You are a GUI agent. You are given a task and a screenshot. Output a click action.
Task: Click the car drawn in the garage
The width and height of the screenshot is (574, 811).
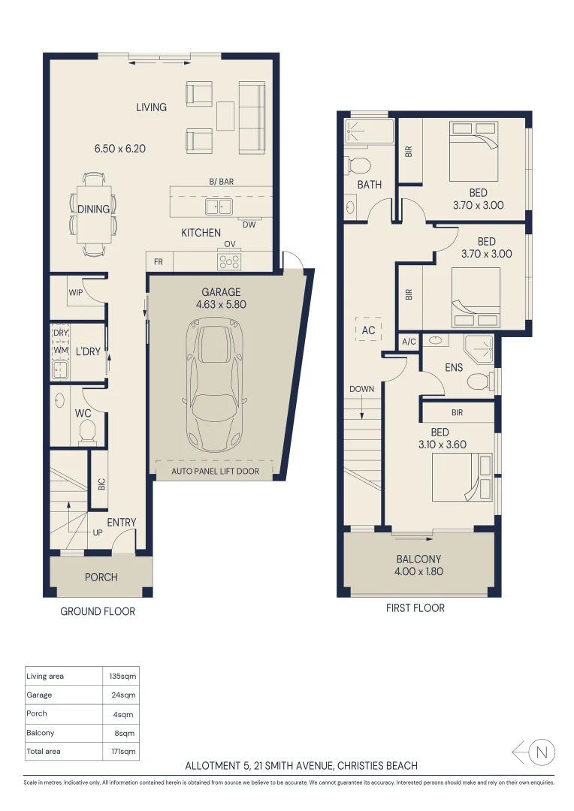coord(214,383)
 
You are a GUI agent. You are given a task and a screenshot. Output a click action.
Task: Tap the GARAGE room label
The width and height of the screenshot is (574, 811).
coord(221,292)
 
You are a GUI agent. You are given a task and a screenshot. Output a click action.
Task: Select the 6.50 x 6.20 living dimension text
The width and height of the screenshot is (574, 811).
coord(119,149)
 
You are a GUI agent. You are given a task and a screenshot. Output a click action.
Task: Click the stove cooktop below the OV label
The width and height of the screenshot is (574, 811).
coord(229,261)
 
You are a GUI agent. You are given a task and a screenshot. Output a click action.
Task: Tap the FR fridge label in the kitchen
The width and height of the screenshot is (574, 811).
coord(159,262)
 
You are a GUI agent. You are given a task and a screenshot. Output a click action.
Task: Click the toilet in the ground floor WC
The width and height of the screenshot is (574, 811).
coord(88,430)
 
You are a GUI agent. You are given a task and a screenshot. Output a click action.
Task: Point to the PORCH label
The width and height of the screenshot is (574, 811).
coord(101,577)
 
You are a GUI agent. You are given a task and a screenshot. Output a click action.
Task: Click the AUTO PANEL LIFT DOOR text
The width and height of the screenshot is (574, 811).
coord(215,472)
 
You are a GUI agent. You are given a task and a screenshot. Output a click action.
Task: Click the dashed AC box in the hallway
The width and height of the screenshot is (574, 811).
coord(369,329)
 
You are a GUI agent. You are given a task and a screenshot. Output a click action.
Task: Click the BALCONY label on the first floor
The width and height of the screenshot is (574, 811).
coord(418,559)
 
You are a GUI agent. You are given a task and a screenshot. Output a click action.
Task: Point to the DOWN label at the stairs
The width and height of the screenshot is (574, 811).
coord(361,389)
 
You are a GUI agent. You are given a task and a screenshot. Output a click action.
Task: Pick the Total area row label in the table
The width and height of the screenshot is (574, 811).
coord(43,751)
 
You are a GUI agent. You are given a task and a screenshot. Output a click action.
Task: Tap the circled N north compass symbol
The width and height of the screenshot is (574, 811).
coord(543,751)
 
